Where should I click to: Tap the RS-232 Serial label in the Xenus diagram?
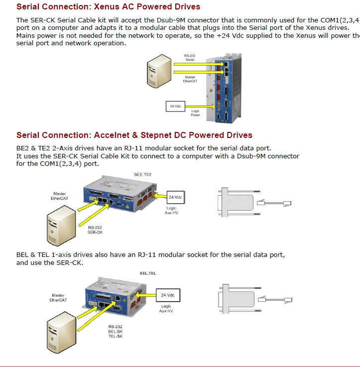coord(190,57)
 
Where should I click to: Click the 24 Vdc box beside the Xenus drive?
coord(175,106)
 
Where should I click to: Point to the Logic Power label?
coord(195,113)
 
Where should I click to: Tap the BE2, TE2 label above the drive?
coord(143,175)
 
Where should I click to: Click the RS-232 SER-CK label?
coord(95,230)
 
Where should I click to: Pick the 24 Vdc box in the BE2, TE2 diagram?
coord(175,197)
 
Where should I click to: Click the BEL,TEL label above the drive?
coord(148,273)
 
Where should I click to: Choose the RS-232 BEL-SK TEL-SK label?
coord(115,332)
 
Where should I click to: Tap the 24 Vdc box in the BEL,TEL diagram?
coord(167,295)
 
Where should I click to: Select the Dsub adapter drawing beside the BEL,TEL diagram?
coord(235,300)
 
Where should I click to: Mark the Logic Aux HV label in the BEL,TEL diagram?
coord(166,309)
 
